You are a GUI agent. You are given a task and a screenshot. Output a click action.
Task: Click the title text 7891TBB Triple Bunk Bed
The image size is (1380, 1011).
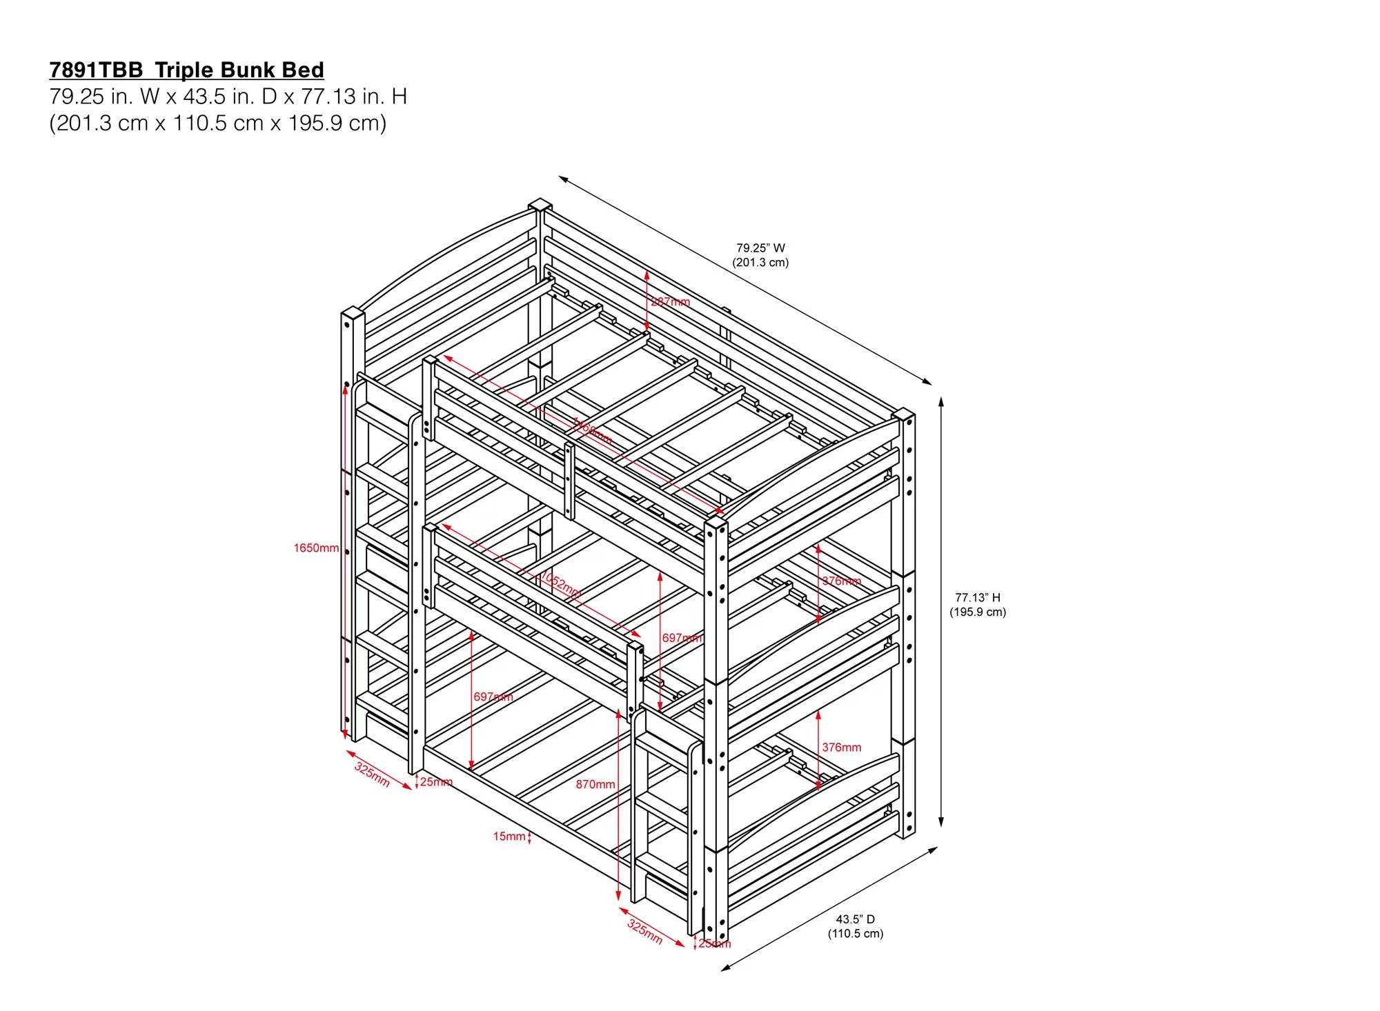click(186, 70)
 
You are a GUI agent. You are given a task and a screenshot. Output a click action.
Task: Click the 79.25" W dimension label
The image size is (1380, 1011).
click(760, 248)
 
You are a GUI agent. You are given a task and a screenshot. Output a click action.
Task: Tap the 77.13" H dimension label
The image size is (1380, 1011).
click(977, 597)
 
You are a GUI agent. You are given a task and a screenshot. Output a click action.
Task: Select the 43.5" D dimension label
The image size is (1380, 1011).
click(855, 919)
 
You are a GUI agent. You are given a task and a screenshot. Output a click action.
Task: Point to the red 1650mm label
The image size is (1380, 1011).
click(316, 548)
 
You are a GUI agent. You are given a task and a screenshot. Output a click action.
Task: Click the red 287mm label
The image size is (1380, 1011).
click(670, 301)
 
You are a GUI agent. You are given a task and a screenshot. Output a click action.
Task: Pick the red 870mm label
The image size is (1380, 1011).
click(595, 784)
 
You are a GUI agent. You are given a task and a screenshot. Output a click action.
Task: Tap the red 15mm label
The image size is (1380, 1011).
click(509, 837)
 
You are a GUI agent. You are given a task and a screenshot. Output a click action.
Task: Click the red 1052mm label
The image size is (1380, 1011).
click(560, 585)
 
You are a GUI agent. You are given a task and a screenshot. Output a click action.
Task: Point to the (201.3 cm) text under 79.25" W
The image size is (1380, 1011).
click(760, 262)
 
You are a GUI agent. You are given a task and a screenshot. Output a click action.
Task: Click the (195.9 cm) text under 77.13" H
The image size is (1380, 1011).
click(977, 612)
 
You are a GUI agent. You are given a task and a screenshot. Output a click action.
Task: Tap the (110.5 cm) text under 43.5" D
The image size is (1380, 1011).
click(855, 934)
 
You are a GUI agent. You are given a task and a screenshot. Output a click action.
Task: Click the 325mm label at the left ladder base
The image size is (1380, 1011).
click(372, 774)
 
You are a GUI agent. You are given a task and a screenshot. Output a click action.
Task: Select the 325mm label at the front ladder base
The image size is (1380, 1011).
click(644, 931)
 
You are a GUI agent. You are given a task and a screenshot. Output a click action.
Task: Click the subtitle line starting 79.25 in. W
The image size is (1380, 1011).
click(228, 97)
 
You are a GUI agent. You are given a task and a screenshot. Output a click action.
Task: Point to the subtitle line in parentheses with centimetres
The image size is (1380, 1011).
click(217, 123)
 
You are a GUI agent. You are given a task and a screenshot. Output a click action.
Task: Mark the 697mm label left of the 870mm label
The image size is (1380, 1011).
click(493, 697)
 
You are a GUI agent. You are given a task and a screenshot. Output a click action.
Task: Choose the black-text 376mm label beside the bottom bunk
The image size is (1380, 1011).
click(841, 747)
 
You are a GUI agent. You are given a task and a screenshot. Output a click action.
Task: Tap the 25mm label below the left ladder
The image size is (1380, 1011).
click(436, 781)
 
